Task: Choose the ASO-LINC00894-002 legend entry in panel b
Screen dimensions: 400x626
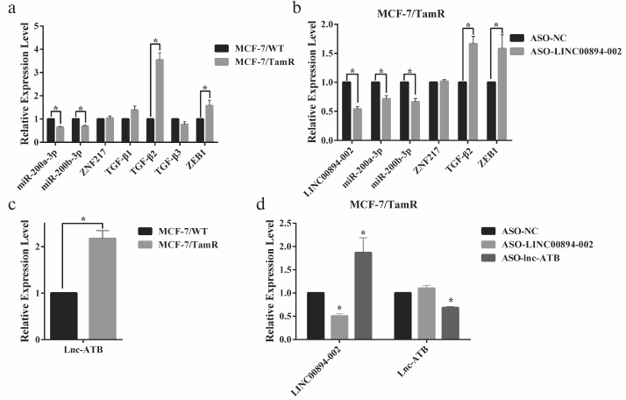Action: click(x=555, y=53)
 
